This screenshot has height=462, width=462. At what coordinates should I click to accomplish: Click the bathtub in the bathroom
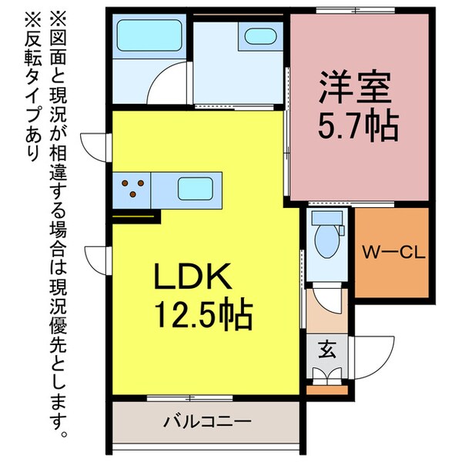147,35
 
